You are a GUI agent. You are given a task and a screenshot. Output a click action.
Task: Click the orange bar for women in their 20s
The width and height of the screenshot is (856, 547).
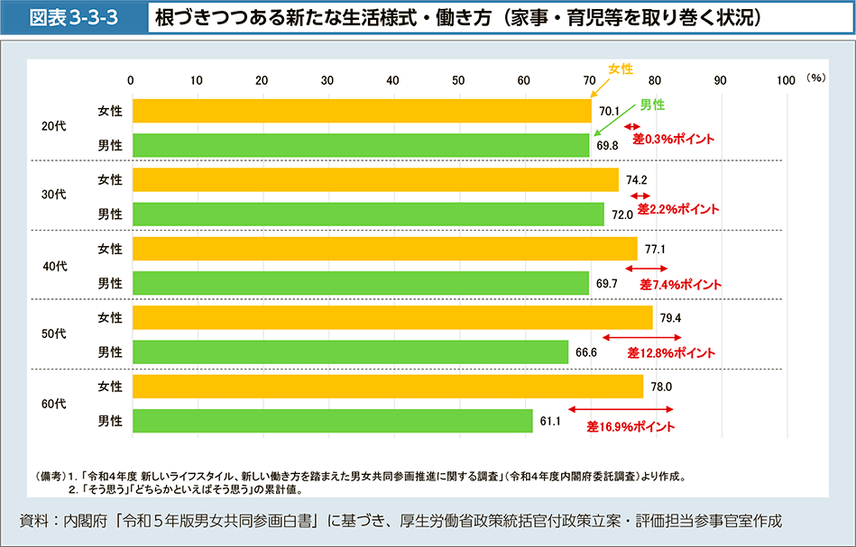(x=361, y=111)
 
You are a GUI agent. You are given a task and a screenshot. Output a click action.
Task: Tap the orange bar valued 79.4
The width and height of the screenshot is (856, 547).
(x=391, y=317)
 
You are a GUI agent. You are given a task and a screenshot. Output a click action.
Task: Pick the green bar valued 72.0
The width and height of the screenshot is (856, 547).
(x=367, y=214)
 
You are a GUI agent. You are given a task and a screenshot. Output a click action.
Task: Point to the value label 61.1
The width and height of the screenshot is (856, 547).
(x=550, y=421)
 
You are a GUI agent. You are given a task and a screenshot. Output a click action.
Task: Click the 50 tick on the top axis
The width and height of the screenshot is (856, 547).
(x=458, y=80)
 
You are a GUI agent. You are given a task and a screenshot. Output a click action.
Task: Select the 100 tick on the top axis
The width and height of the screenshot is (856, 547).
(x=785, y=80)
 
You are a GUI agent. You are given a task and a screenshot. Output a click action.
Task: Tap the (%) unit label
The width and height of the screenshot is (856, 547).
(x=816, y=79)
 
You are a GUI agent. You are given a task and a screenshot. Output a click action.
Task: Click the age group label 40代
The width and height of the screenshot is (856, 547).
(x=54, y=266)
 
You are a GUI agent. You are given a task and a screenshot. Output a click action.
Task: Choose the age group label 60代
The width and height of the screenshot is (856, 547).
(x=54, y=404)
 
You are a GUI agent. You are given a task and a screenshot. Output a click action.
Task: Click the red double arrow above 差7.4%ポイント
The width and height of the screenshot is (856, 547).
(x=646, y=269)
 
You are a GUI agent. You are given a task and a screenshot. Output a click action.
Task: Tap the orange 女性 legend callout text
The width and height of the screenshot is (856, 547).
(x=621, y=68)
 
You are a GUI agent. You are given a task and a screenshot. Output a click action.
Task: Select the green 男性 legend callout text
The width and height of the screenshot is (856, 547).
(x=652, y=105)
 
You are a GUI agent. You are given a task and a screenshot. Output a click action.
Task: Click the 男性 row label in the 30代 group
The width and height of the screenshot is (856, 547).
(x=110, y=214)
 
